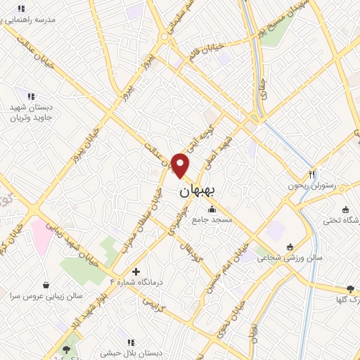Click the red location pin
coord(181,165)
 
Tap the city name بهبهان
coord(200,190)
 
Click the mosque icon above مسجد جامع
coord(212,209)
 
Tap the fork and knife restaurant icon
coord(312,174)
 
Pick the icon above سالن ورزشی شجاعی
coord(290,246)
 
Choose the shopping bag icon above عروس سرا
coord(46,285)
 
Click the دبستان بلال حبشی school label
coord(136,353)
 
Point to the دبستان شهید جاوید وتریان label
coord(32,111)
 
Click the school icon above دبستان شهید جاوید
coord(30,95)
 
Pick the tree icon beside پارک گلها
coord(351,289)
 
